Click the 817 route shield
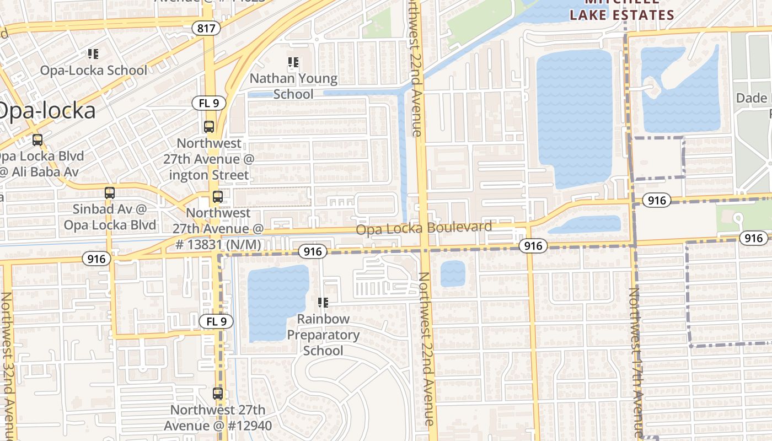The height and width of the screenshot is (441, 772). (x=206, y=28)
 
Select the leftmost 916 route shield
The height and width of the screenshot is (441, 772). (x=96, y=259)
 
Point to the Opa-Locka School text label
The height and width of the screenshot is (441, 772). (x=93, y=71)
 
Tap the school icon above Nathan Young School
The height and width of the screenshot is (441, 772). (x=293, y=62)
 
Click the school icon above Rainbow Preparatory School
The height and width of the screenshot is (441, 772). (x=323, y=302)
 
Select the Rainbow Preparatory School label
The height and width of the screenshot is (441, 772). (x=323, y=335)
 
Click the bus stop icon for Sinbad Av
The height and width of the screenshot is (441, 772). (x=110, y=193)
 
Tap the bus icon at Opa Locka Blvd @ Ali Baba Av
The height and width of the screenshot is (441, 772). (x=37, y=140)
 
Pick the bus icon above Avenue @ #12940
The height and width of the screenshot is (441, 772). (x=218, y=394)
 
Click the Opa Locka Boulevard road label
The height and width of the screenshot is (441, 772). (x=423, y=228)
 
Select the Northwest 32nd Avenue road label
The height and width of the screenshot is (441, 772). (x=7, y=364)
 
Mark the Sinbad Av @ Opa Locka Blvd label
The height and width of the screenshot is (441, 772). (x=110, y=217)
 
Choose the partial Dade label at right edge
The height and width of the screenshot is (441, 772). (x=753, y=98)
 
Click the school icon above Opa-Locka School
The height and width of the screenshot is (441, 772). (x=93, y=54)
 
